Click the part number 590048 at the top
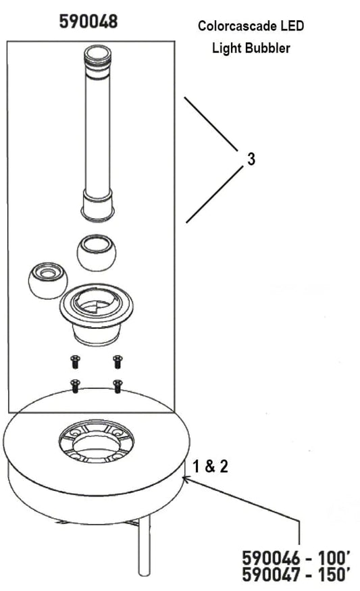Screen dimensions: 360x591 coord(88,21)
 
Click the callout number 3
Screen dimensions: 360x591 coord(251,159)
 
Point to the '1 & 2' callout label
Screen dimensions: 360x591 coord(210,466)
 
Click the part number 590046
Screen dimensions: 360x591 coord(271,558)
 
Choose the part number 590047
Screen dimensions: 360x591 coord(271,574)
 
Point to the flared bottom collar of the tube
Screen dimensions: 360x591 coord(98,206)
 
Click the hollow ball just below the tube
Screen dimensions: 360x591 coord(97,252)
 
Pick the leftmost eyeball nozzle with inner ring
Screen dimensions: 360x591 coord(48,280)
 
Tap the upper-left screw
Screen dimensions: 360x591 coord(75,361)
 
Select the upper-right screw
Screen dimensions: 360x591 coord(118,361)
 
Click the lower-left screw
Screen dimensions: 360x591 coord(76,386)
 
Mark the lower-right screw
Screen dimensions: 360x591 coord(118,386)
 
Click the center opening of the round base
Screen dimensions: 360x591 coord(97,444)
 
